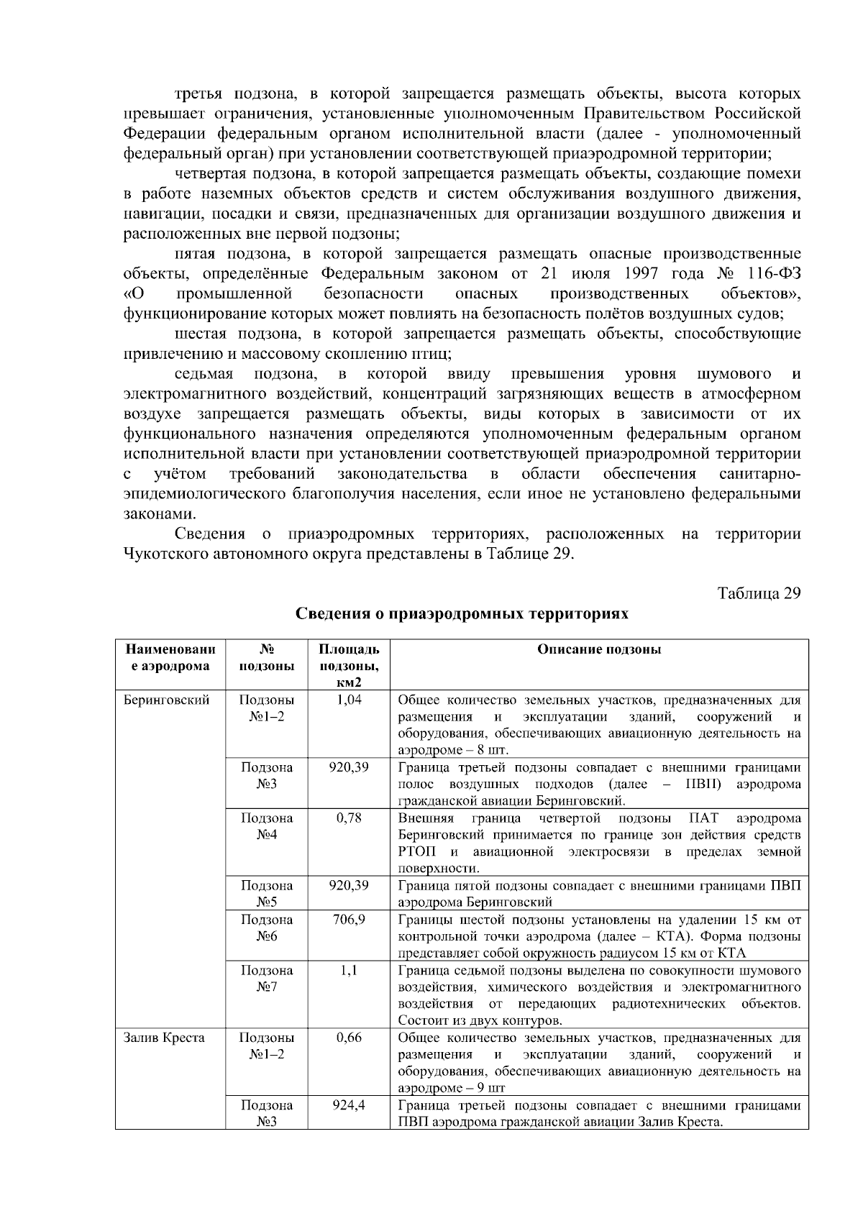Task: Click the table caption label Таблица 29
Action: click(759, 593)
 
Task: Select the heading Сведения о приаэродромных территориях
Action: click(462, 613)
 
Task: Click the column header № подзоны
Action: click(267, 657)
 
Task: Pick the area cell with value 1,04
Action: click(349, 700)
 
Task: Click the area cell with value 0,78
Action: click(349, 818)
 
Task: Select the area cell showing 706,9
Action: click(349, 920)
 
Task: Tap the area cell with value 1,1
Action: click(349, 970)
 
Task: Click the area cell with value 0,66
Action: click(349, 1038)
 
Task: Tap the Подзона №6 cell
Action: click(267, 928)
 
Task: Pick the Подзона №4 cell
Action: click(267, 826)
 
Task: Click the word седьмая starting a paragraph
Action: click(204, 374)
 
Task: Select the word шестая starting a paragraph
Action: click(201, 334)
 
